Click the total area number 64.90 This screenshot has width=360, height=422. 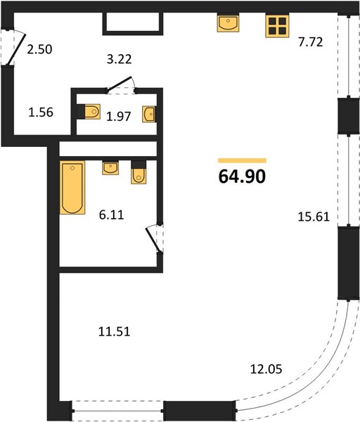[242, 177]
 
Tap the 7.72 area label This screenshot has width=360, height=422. [310, 42]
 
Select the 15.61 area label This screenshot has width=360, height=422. [314, 217]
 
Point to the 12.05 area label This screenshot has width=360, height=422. [266, 369]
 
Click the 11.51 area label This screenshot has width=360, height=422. [115, 331]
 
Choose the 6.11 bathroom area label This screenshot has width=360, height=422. [111, 215]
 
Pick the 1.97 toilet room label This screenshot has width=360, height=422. [118, 117]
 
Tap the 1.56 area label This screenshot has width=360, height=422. [41, 113]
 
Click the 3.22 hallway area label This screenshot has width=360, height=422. [120, 59]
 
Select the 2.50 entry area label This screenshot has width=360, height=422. [39, 49]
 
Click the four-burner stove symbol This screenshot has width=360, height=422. [277, 26]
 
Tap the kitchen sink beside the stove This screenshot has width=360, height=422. [228, 23]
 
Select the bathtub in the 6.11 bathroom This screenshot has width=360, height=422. [72, 188]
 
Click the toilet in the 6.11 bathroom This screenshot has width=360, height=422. [139, 172]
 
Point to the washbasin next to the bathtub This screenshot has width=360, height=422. [110, 168]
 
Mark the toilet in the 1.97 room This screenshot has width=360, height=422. [89, 111]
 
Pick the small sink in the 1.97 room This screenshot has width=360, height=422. [149, 115]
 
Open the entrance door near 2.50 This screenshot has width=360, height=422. [16, 49]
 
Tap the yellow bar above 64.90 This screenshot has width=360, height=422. [242, 160]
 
